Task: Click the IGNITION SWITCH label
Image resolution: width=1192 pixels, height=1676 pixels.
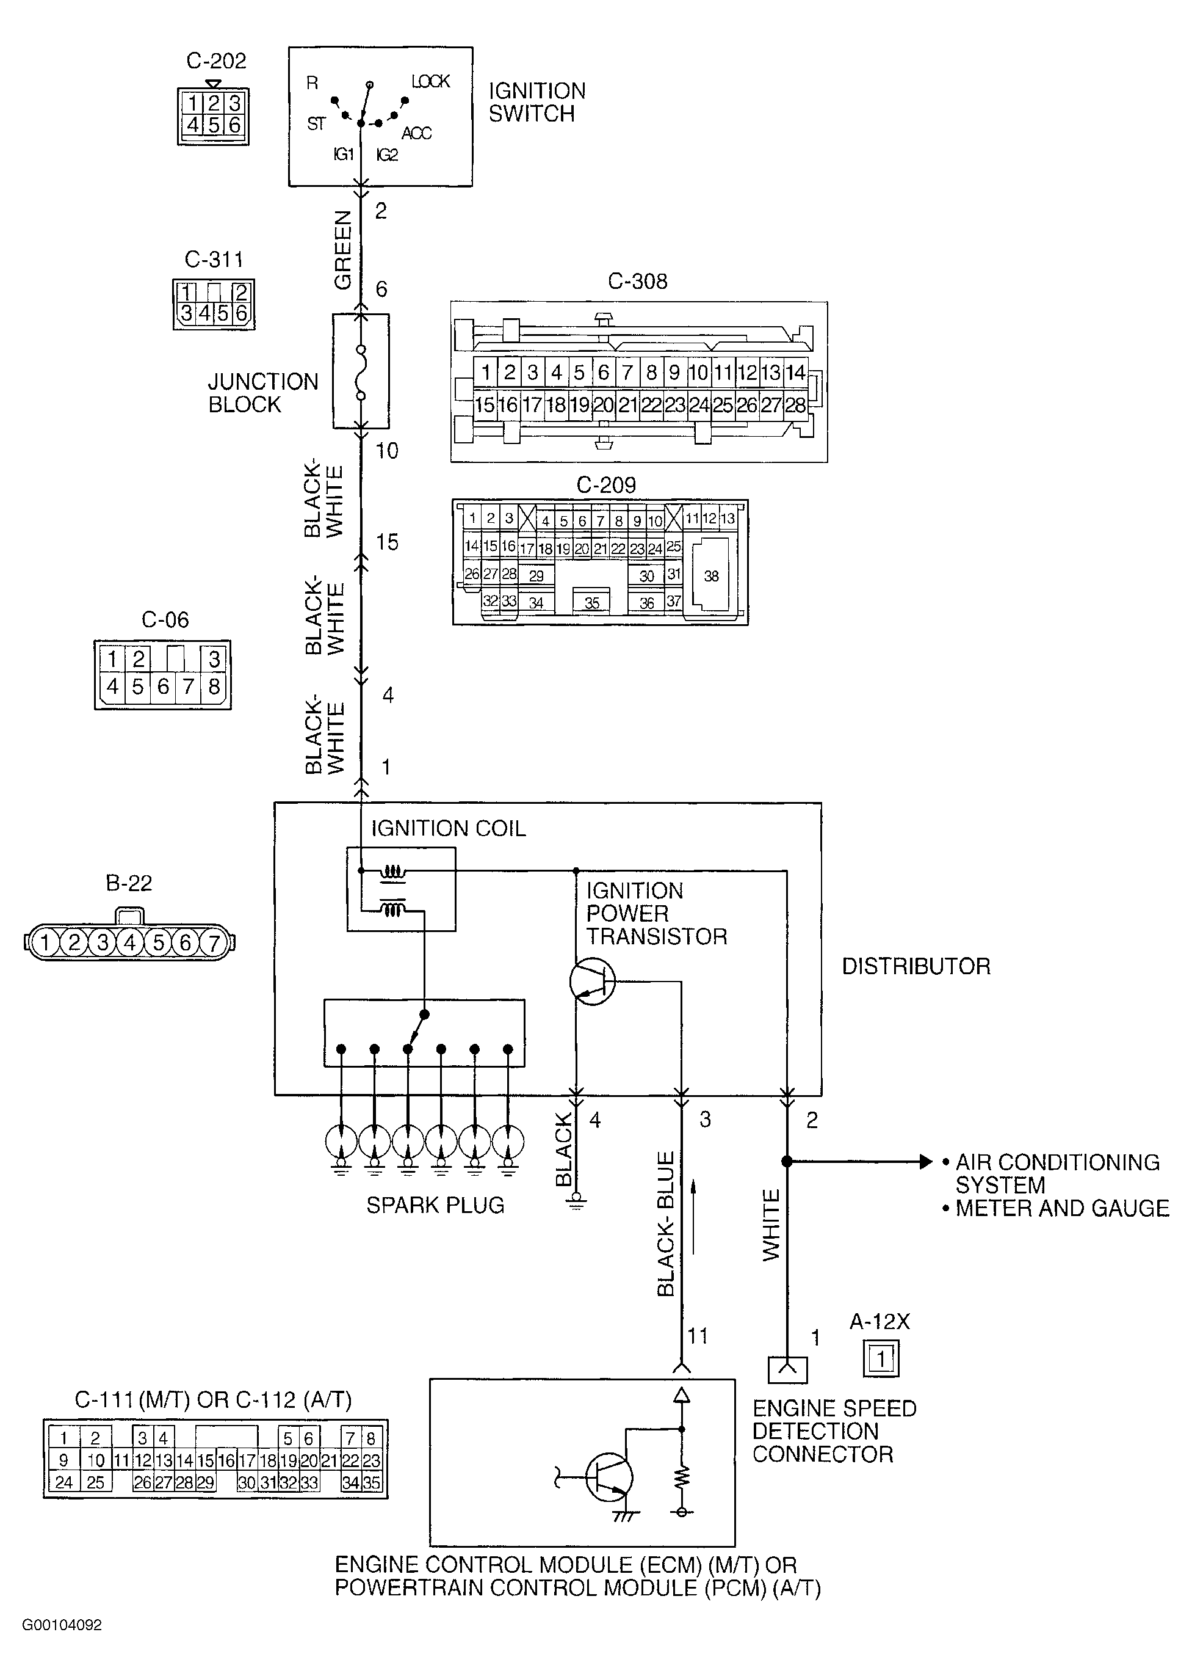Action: click(x=537, y=102)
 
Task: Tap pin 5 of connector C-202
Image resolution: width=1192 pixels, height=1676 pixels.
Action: click(x=214, y=125)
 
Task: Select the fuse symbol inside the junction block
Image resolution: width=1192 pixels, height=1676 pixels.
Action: click(x=360, y=371)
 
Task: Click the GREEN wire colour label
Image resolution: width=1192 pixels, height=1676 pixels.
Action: click(x=343, y=250)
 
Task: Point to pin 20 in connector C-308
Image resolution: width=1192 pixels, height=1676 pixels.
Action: click(x=604, y=405)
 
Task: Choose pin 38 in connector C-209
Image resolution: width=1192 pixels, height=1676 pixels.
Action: click(x=710, y=576)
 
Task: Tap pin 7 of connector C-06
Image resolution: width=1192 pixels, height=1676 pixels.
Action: click(x=188, y=687)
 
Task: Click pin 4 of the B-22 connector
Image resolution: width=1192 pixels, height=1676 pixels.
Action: click(x=130, y=942)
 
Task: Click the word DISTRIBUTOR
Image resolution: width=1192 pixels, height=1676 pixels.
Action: click(x=916, y=966)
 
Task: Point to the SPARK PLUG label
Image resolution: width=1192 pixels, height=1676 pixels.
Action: click(x=435, y=1205)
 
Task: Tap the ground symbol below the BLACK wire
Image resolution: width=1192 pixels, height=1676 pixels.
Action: click(x=577, y=1201)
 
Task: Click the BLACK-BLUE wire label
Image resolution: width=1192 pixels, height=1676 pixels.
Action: click(x=666, y=1224)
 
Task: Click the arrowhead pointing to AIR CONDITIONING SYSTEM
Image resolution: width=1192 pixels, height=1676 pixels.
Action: click(x=927, y=1162)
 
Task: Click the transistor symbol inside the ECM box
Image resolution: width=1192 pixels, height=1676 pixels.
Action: click(x=609, y=1476)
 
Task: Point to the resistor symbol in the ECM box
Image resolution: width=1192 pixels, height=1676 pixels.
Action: click(x=682, y=1475)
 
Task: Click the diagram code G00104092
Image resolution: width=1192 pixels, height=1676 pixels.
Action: click(x=62, y=1625)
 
